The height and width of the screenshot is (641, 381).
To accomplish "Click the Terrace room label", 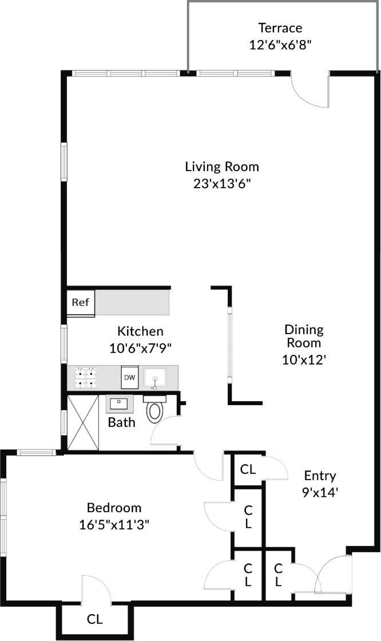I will coord(280,27).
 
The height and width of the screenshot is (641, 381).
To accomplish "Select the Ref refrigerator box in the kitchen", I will coord(81,302).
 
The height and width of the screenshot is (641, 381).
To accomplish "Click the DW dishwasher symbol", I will coord(130,378).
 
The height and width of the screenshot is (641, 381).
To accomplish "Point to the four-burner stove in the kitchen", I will coord(86,378).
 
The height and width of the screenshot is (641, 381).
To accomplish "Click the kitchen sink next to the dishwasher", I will coord(154,378).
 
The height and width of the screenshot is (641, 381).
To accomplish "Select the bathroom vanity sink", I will coord(120,403).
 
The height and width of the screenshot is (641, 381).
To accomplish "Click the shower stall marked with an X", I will coord(84,422).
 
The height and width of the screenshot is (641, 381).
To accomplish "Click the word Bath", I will coord(122,423).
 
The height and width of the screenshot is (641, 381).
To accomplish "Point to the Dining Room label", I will coord(304,337).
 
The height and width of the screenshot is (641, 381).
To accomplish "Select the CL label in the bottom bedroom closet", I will coord(95,619).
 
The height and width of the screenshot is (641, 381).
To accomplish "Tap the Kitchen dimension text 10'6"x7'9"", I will coord(140,347).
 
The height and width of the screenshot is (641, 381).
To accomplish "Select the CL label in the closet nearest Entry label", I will coord(248,470).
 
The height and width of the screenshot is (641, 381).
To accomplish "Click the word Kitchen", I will coord(140,331).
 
